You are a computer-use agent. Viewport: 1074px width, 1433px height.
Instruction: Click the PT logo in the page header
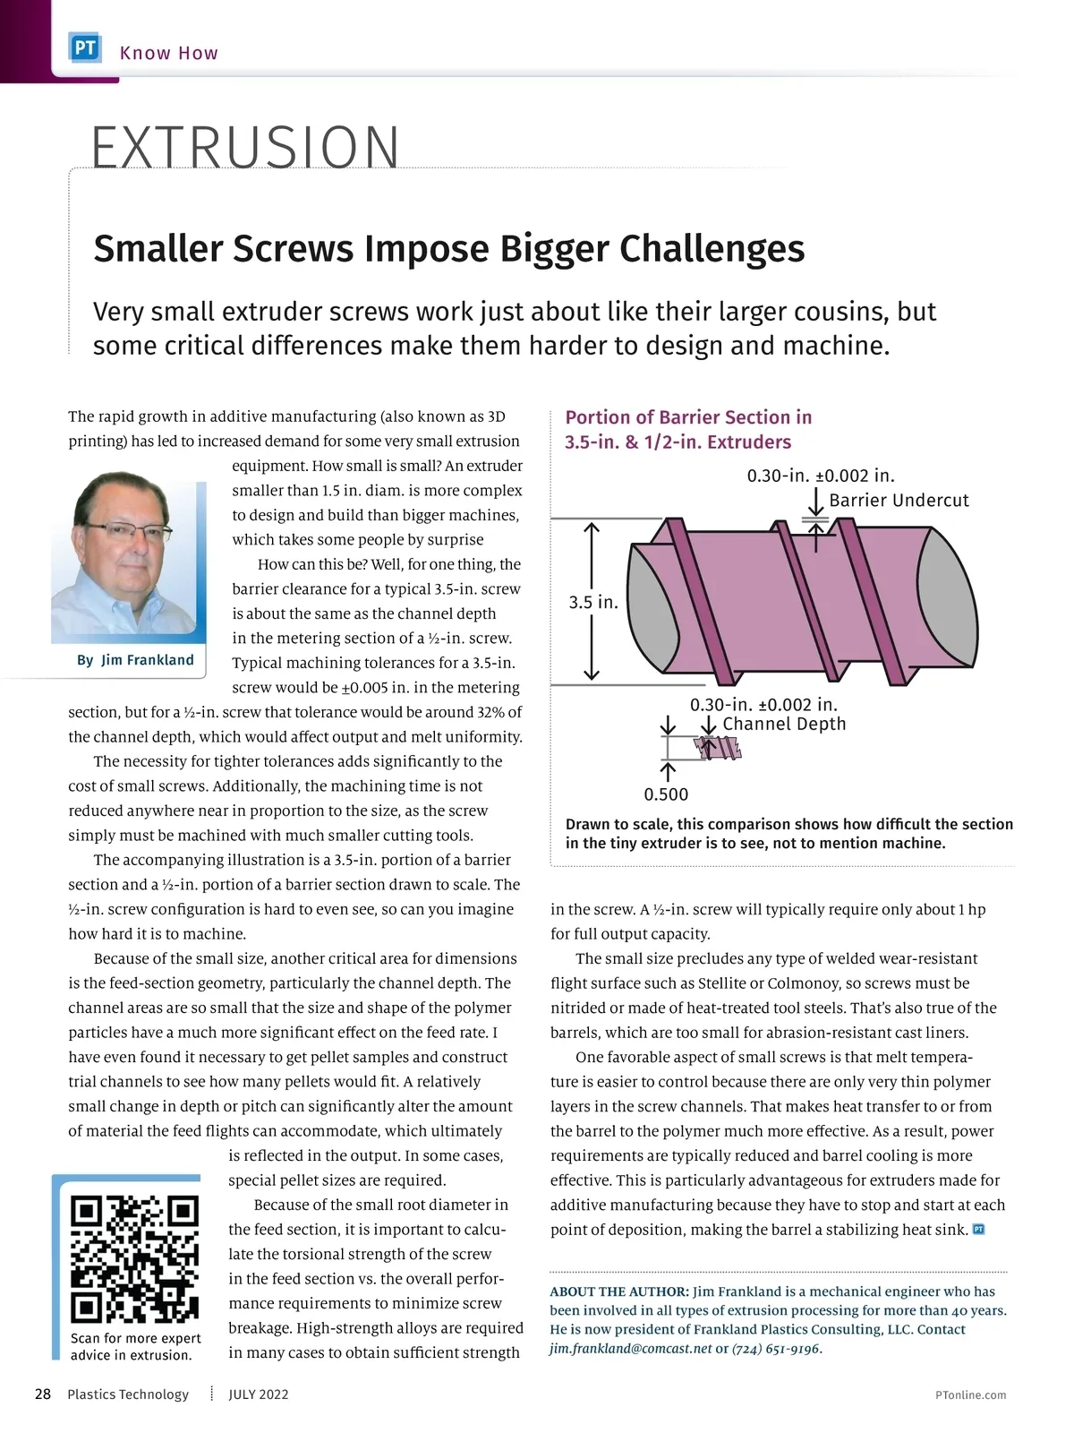pos(86,48)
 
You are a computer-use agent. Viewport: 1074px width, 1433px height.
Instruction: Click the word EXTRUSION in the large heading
pos(245,147)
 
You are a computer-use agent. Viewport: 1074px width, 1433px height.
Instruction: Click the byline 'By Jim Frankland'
pos(135,660)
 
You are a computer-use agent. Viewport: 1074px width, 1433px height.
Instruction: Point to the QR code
pos(134,1258)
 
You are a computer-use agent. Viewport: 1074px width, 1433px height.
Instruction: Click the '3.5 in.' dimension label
pos(593,602)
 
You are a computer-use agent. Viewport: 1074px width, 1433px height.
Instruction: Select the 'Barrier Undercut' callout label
pos(899,501)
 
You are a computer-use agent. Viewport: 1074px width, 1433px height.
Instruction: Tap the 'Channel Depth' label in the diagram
pos(783,724)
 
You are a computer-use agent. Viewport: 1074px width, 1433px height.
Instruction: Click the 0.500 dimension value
pos(666,794)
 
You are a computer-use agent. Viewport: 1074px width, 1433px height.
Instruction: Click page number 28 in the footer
pos(42,1394)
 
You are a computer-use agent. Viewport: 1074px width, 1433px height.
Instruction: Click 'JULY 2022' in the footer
pos(258,1394)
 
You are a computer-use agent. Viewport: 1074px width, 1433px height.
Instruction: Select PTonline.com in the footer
pos(970,1394)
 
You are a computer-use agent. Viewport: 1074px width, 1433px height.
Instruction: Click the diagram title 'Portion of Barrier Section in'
pos(688,417)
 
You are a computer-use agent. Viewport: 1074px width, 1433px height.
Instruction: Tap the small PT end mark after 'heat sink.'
pos(978,1230)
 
